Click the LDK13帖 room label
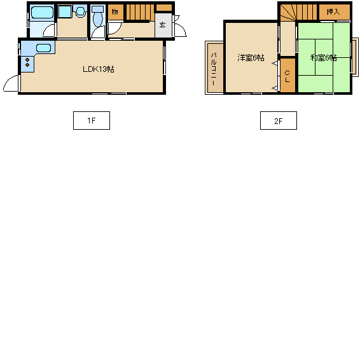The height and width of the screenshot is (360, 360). (99, 69)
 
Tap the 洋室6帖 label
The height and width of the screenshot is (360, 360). (251, 57)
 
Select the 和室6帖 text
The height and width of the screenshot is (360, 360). (324, 57)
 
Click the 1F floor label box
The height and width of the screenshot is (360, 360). (92, 121)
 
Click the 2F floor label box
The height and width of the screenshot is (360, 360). (278, 121)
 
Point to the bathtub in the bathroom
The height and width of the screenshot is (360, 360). (42, 12)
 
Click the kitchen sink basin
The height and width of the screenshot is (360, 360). (43, 48)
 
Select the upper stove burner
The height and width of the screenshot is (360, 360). (27, 60)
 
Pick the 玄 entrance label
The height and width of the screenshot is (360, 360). (162, 25)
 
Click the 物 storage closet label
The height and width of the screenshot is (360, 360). (114, 11)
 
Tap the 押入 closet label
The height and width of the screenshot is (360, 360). (333, 11)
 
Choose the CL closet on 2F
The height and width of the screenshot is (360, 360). (287, 75)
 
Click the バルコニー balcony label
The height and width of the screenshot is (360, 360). (214, 69)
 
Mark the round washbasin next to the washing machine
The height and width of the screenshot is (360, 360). (80, 11)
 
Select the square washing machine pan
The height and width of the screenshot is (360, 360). (64, 11)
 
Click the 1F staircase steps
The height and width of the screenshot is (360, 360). (140, 12)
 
